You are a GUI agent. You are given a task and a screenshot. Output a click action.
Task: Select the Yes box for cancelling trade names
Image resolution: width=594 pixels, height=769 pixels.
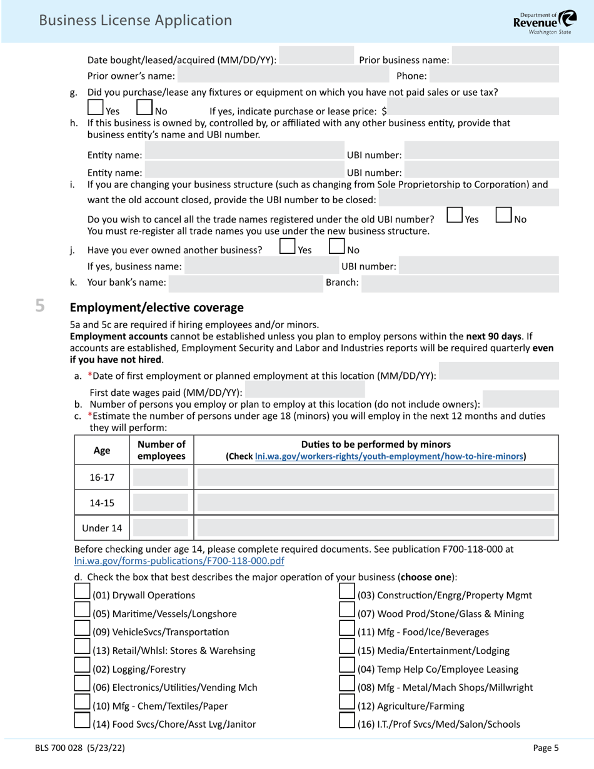click(455, 215)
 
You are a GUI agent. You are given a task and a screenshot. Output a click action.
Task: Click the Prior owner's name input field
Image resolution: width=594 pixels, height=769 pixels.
click(283, 76)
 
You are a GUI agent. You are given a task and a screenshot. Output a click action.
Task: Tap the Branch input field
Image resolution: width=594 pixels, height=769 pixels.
click(460, 283)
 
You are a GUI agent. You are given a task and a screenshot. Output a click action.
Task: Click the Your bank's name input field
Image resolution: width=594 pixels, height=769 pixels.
click(244, 283)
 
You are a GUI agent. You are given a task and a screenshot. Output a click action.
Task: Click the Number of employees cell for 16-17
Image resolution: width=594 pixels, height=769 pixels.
click(161, 478)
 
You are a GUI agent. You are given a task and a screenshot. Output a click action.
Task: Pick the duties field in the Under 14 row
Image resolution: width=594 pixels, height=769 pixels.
click(376, 528)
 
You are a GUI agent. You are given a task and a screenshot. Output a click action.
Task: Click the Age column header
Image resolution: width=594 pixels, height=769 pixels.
click(102, 450)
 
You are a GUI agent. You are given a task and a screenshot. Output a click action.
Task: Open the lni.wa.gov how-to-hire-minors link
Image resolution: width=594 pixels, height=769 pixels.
click(389, 456)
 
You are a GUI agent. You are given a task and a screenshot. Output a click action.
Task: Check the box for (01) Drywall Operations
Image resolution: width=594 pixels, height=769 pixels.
click(82, 591)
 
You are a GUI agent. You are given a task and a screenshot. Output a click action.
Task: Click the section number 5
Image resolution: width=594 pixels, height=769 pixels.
click(40, 306)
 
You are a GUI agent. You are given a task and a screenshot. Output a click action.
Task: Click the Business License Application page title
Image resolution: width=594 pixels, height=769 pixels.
click(135, 20)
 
